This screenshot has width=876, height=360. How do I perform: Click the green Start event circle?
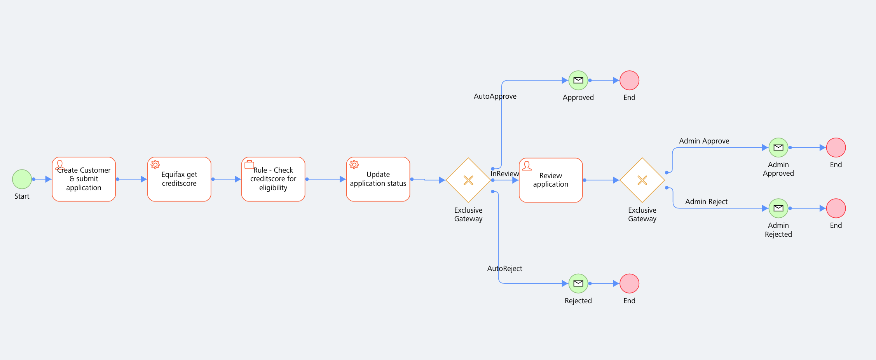pos(22,179)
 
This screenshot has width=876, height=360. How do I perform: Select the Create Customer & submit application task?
pos(84,179)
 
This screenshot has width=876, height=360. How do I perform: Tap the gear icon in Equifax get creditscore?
pos(155,165)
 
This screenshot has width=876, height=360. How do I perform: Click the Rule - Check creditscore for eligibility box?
pos(273,179)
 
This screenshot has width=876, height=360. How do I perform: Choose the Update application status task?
pos(378,179)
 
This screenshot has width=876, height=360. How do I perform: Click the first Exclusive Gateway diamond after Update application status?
pos(468,180)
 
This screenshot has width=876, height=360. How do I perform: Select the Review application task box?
pos(550,180)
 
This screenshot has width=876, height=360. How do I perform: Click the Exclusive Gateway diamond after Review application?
pos(642,180)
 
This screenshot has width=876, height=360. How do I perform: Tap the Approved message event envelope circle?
pos(578,80)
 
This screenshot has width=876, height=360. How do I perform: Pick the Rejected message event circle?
pos(578,283)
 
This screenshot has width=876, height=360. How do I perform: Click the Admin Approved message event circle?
pos(778,148)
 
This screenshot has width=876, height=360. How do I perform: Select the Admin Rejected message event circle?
pos(778,208)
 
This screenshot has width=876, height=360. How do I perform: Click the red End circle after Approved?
pos(629,80)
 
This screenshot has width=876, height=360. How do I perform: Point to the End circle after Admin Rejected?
pos(836,208)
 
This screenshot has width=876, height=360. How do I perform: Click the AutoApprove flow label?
pos(495,96)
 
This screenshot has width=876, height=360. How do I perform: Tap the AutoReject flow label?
pos(504,269)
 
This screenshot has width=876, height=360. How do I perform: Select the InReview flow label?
pos(504,174)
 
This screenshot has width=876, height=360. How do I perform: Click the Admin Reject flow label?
pos(706,202)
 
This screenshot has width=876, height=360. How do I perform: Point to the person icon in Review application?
pos(527,166)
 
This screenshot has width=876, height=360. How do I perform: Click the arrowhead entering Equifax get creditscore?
pos(144,179)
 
